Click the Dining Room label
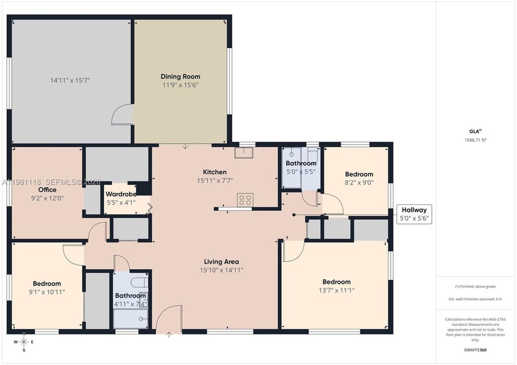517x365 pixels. click(180, 77)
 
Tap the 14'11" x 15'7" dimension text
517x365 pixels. click(70, 80)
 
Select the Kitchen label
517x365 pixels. click(215, 172)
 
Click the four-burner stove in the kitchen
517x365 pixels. click(245, 200)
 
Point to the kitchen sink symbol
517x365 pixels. click(244, 153)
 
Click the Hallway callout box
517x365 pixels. click(414, 214)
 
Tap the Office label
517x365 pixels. click(47, 190)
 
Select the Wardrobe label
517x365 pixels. click(121, 194)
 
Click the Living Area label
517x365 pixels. click(221, 262)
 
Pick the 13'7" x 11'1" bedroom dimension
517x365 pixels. click(336, 290)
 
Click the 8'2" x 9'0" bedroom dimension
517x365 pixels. click(359, 182)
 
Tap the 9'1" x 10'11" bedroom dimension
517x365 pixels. click(47, 292)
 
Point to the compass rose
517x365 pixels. click(24, 342)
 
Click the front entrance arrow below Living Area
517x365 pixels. click(169, 335)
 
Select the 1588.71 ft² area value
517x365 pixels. click(475, 140)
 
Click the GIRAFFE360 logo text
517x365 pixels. click(475, 350)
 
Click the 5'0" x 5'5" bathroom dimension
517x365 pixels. click(301, 172)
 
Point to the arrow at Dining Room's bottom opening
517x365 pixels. click(185, 146)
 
